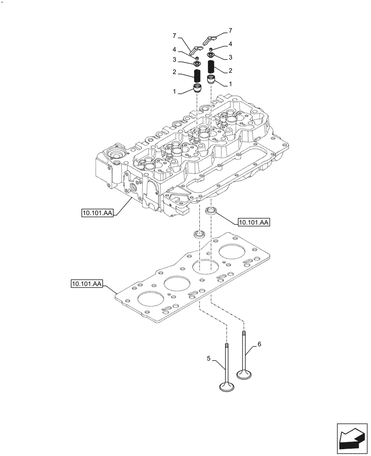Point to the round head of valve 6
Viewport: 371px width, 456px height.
coord(244,375)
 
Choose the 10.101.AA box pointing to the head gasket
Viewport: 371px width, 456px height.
coord(87,284)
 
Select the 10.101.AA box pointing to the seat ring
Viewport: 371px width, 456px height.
coord(253,222)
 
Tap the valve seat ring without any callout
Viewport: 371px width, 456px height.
coord(199,234)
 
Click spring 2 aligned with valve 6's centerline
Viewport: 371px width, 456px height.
coord(211,67)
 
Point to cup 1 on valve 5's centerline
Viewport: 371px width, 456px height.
coord(198,88)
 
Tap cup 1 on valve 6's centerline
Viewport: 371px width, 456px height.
coord(211,80)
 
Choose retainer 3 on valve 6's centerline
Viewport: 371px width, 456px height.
coord(211,56)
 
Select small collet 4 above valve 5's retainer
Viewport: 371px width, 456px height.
coord(197,58)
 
